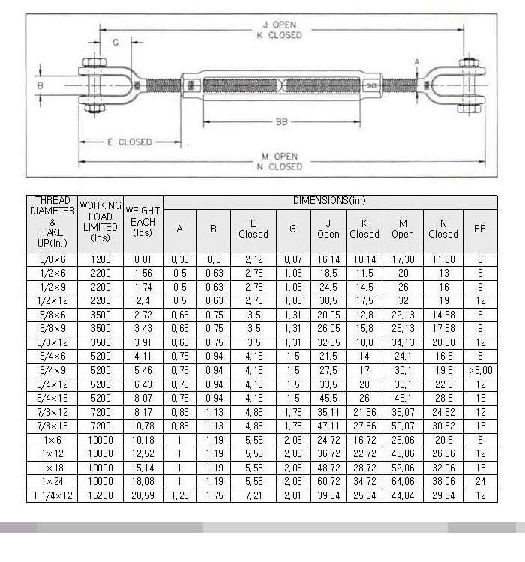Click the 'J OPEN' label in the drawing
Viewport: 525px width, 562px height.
[x=280, y=25]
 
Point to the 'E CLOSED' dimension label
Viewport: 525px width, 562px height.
[x=130, y=142]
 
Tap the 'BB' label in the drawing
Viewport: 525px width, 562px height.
[x=282, y=122]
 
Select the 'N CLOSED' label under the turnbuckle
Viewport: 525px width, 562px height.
[x=280, y=166]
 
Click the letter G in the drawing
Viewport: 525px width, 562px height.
[x=115, y=43]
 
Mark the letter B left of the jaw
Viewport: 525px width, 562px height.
[x=40, y=85]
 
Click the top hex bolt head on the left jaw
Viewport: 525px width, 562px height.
[x=94, y=62]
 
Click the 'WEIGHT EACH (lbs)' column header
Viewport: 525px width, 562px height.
[x=142, y=222]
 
